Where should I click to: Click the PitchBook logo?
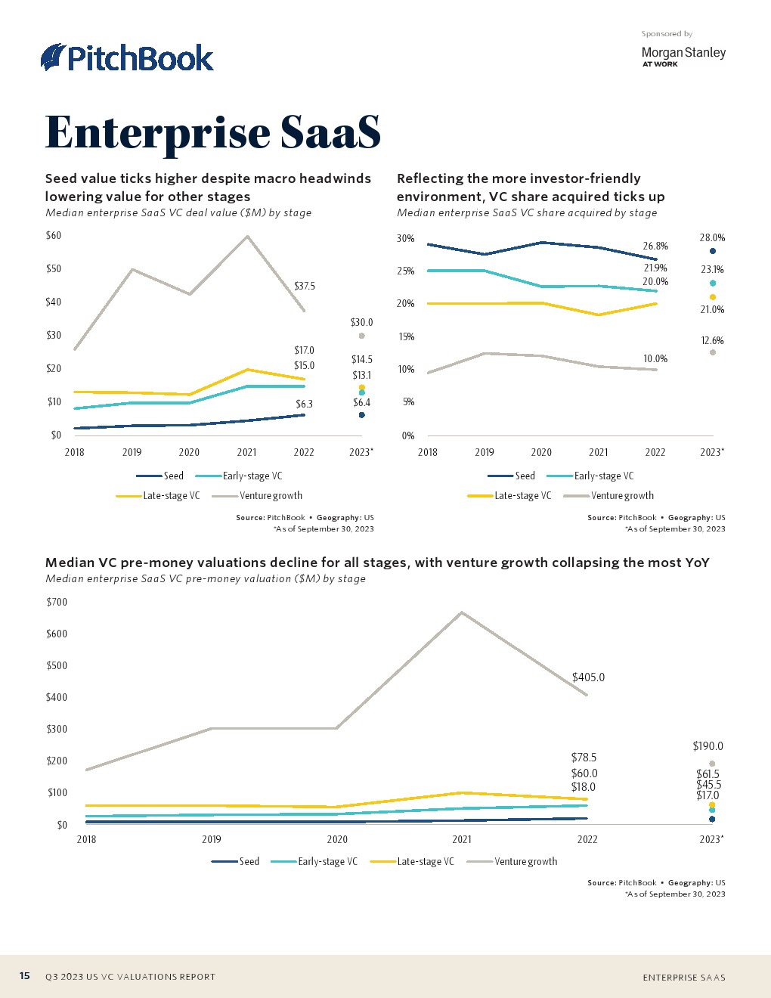point(127,58)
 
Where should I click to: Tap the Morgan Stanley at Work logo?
point(683,56)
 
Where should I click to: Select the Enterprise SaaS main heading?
point(212,132)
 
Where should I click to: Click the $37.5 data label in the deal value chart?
point(305,287)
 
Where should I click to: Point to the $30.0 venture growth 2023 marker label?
point(361,323)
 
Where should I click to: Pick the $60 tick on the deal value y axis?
point(54,235)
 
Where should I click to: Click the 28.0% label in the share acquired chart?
point(712,238)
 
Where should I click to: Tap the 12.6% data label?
point(712,341)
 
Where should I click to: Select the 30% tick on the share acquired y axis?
point(406,239)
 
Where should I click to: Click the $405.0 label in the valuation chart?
point(588,677)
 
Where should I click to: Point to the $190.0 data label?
point(708,746)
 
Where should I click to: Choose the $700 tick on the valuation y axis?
point(57,603)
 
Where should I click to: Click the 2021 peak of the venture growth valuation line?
point(462,612)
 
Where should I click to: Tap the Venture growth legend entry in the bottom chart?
point(525,862)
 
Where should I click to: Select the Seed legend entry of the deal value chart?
point(173,476)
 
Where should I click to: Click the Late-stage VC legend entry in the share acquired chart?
point(522,496)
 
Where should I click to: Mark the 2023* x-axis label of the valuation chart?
point(711,839)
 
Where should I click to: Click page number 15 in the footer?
point(25,976)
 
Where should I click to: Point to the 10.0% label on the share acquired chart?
point(655,359)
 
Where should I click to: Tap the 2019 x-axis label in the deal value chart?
point(132,452)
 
